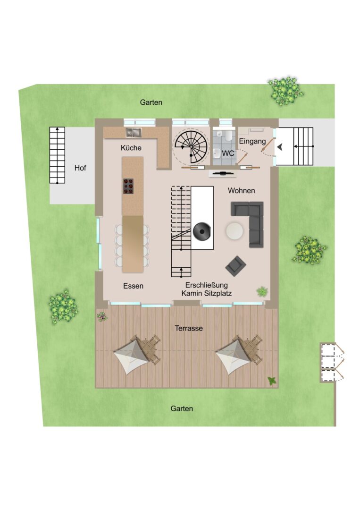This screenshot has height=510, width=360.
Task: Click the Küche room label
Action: [x=131, y=148]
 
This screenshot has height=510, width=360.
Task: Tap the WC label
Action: [x=228, y=153]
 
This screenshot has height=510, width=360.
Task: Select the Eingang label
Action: [x=252, y=142]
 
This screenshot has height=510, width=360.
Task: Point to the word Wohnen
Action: [x=242, y=191]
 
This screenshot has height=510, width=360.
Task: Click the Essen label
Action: [x=133, y=286]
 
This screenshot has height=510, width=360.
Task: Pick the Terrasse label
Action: [x=189, y=328]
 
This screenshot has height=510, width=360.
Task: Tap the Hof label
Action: [x=80, y=168]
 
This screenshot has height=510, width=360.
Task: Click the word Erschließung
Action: [x=207, y=285]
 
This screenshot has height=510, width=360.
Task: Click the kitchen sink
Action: [x=134, y=132]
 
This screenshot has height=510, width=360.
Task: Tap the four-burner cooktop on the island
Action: [x=128, y=187]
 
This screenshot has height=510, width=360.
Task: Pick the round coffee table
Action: [x=234, y=230]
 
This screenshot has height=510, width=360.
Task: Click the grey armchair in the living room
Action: [x=236, y=265]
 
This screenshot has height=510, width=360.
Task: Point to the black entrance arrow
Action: [x=279, y=147]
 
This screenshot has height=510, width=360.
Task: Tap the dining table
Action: [x=133, y=244]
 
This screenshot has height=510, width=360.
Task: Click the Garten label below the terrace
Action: [x=182, y=408]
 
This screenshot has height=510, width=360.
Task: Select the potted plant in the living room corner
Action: [x=262, y=291]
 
